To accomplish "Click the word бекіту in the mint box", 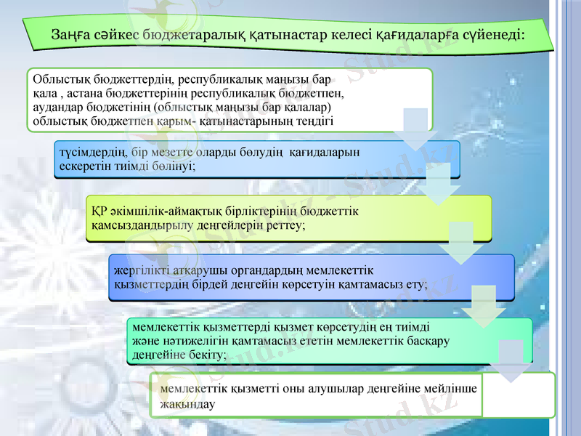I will point(206,354).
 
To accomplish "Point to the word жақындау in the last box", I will point(187,403).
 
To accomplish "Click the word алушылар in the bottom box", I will point(297,389).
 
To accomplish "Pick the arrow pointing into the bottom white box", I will point(511,360).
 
